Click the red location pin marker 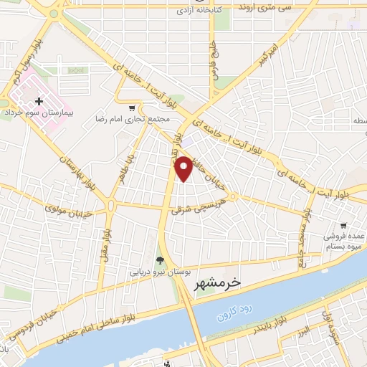pos(184,168)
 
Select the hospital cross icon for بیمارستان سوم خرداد pos(39,103)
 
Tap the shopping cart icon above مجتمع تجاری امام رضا pos(132,107)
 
